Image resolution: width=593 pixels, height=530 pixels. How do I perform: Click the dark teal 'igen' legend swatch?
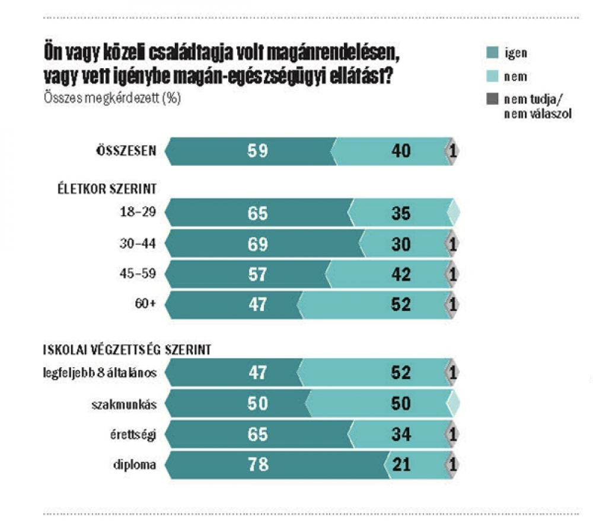tap(492, 53)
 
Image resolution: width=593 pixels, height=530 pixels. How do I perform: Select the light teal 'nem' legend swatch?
tap(492, 76)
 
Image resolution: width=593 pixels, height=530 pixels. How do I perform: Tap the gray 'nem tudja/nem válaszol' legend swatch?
tap(492, 99)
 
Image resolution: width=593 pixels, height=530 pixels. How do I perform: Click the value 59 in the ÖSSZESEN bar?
tap(258, 151)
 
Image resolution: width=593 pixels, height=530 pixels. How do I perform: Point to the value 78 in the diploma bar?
tap(258, 464)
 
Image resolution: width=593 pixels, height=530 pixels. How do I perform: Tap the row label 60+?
tap(146, 303)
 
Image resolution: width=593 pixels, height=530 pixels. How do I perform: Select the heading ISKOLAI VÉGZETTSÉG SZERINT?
tap(127, 349)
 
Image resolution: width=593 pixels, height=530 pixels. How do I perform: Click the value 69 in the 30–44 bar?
tap(258, 243)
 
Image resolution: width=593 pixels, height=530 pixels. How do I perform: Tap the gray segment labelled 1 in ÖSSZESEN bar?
tap(452, 151)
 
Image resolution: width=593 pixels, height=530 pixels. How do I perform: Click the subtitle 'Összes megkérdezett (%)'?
tap(112, 98)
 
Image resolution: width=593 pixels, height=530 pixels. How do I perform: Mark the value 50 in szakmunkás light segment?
tap(401, 404)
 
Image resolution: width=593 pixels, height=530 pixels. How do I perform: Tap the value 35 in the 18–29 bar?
tap(401, 213)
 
